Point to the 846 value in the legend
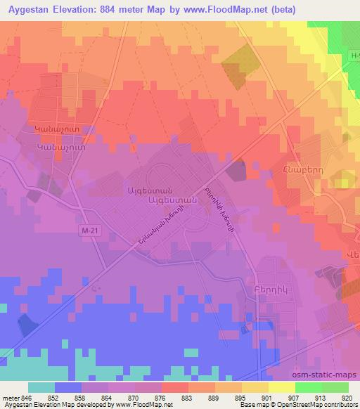[27, 397]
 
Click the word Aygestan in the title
[30, 10]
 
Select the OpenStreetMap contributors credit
[318, 405]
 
